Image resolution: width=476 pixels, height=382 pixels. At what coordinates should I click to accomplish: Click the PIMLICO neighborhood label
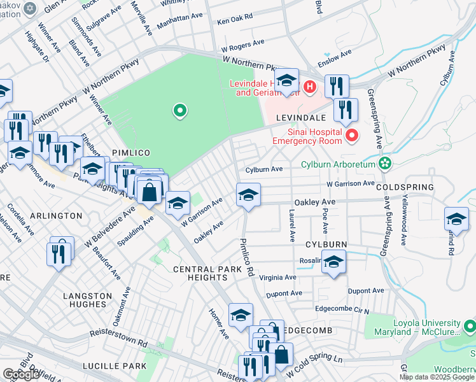[x=131, y=153]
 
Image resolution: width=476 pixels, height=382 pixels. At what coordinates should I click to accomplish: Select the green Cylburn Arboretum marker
[x=384, y=164]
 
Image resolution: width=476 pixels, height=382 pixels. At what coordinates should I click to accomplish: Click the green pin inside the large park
[x=180, y=111]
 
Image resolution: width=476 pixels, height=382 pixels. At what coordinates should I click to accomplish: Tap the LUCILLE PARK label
[x=115, y=366]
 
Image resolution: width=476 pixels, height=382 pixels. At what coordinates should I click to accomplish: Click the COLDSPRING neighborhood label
[x=405, y=188]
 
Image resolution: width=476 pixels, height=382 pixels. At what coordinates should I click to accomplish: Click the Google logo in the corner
[x=21, y=374]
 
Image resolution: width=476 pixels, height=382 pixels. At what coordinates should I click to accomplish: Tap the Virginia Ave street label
[x=277, y=278]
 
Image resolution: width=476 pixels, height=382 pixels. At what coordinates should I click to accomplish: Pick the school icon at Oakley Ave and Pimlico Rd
[x=249, y=195]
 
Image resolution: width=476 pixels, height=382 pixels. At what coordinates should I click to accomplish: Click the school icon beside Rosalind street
[x=333, y=262]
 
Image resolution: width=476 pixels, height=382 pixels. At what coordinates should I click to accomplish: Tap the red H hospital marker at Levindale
[x=310, y=86]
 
